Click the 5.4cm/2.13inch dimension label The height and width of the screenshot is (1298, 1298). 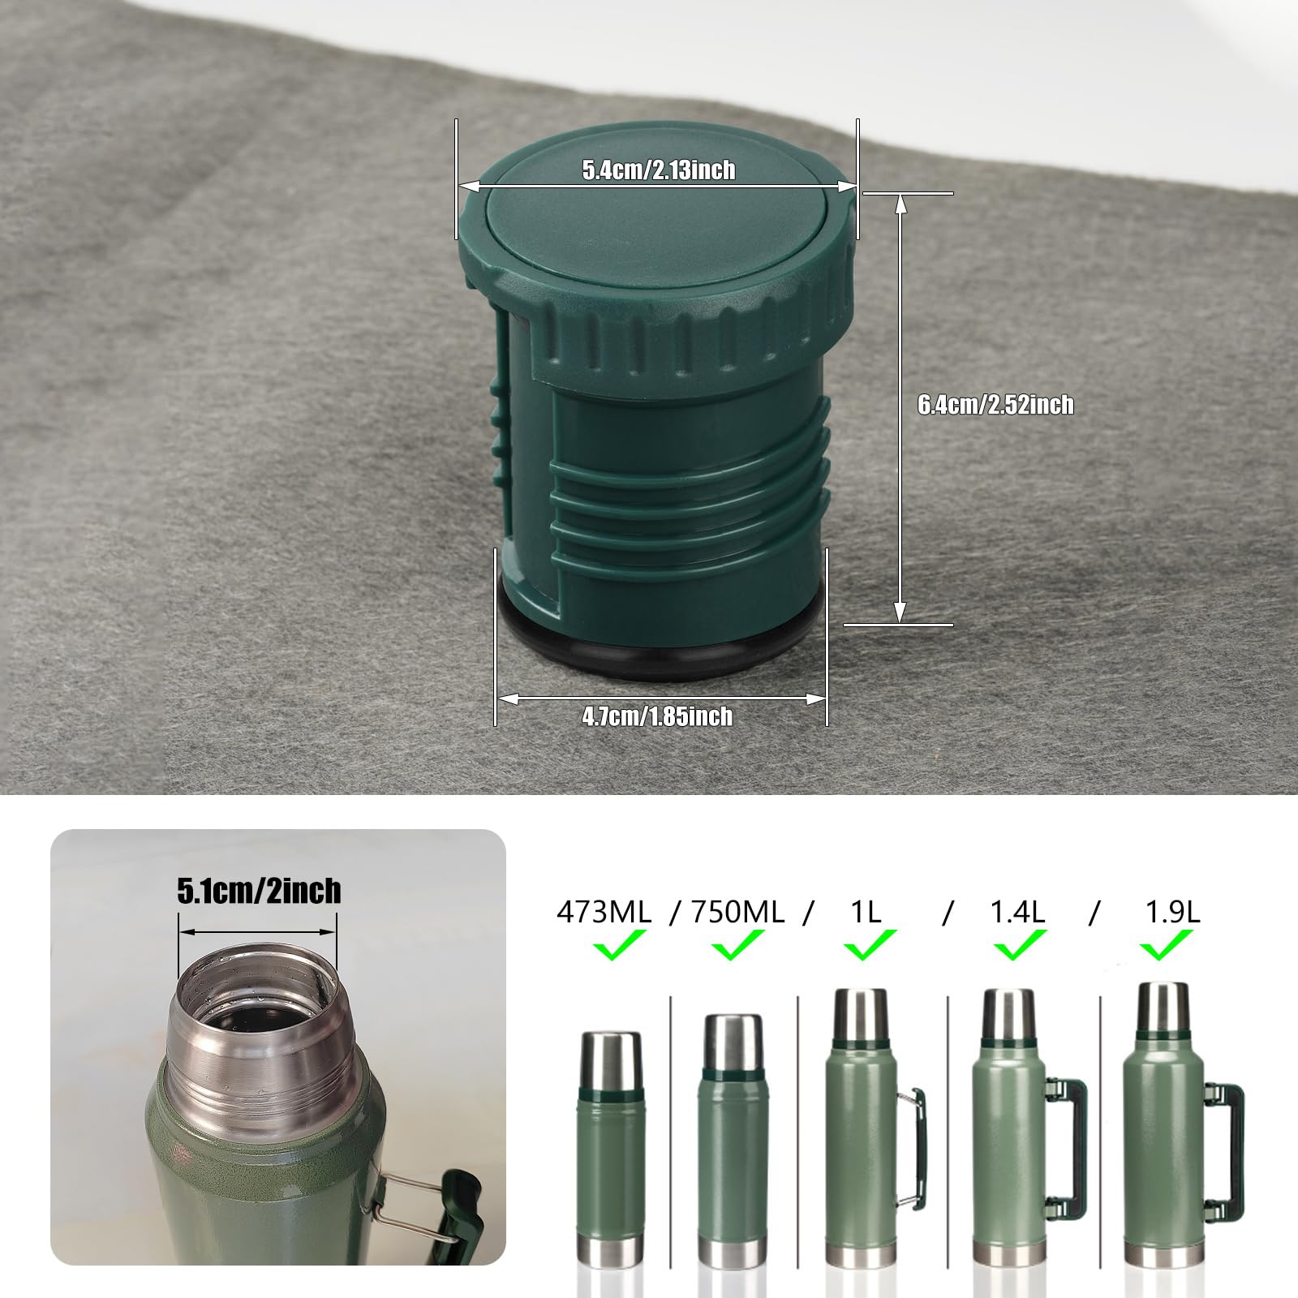(x=658, y=170)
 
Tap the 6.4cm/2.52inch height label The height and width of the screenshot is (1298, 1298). (x=995, y=405)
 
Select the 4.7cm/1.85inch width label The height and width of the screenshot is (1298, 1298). (x=657, y=716)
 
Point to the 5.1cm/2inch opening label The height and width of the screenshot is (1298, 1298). (x=259, y=892)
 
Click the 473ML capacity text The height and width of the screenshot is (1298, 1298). (x=604, y=913)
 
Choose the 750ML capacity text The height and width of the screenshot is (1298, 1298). (x=737, y=913)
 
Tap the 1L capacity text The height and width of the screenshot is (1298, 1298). (x=866, y=913)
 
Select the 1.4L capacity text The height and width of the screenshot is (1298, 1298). (x=1017, y=913)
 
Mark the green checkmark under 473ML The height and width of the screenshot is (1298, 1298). (x=618, y=945)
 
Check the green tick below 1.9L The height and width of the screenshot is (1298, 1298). (x=1167, y=945)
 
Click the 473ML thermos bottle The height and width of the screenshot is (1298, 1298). (x=610, y=1144)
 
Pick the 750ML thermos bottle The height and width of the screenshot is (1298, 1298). (x=732, y=1136)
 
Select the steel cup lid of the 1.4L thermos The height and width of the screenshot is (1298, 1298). (x=1008, y=1014)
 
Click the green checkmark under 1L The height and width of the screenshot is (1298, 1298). (x=868, y=945)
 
